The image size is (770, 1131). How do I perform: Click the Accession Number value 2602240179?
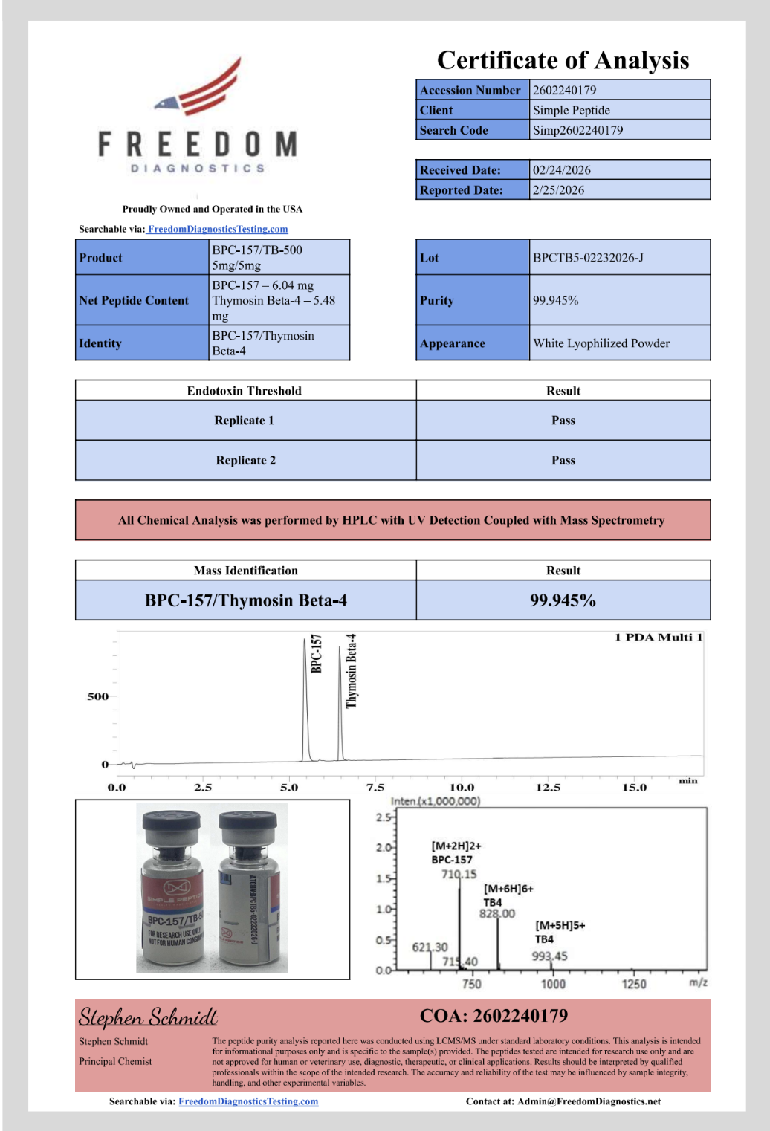tap(564, 90)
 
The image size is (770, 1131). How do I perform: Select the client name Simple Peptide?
tap(571, 110)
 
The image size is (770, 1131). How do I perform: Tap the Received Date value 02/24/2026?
tap(561, 170)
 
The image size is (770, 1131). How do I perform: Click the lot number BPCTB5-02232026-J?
tap(588, 258)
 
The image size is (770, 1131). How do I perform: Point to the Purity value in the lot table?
tap(555, 300)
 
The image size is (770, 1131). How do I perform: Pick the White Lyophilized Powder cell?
tap(601, 343)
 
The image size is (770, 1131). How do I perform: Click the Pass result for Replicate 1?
tap(563, 421)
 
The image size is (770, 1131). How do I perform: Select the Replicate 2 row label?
tap(245, 461)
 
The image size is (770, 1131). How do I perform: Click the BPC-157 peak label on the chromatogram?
tap(317, 654)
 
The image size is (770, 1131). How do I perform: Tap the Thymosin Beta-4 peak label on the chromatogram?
tap(352, 670)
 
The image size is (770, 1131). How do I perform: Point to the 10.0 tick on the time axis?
tap(462, 788)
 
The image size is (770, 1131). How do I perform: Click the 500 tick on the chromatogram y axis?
tap(97, 697)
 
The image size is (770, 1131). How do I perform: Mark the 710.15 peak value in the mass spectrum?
tap(459, 875)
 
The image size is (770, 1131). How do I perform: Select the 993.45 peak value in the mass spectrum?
tap(549, 956)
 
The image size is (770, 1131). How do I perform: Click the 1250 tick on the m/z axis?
tap(633, 984)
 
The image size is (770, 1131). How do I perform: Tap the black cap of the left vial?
tap(172, 823)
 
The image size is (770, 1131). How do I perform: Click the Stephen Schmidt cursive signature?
tap(148, 1017)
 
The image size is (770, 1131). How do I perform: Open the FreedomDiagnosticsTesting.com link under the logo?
tap(218, 229)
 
